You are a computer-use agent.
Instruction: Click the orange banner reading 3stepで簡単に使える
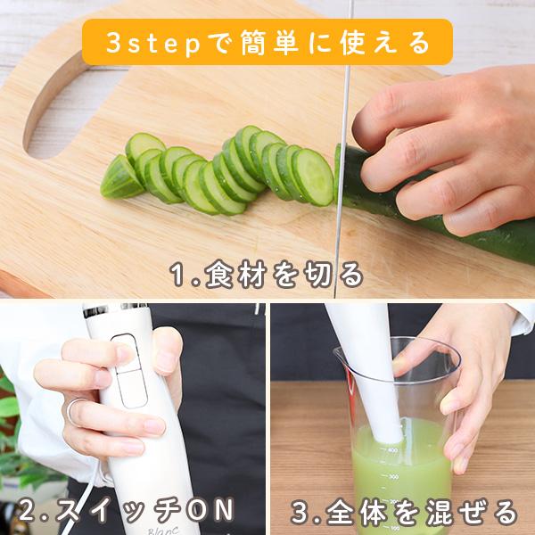point(267,42)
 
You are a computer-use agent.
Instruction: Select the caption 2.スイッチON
point(128,511)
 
